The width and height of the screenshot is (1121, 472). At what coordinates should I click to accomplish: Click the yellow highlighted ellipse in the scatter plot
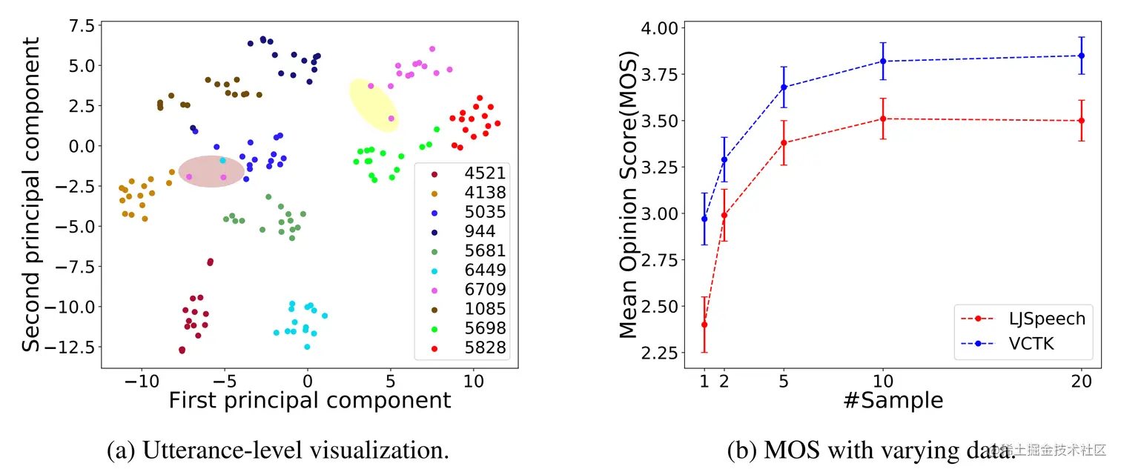374,105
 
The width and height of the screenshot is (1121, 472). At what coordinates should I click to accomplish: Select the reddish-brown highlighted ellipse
211,171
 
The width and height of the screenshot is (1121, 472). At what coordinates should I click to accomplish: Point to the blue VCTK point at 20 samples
1082,56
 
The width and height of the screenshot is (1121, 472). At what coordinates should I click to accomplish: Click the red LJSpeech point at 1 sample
704,325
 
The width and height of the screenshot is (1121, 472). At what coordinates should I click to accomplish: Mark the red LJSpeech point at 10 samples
883,119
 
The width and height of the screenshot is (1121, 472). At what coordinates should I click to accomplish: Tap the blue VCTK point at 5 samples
784,87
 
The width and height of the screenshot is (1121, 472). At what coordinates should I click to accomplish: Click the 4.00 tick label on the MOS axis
656,28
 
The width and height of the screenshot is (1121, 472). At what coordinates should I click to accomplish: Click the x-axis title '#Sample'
893,401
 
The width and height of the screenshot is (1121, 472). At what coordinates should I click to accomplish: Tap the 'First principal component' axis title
310,401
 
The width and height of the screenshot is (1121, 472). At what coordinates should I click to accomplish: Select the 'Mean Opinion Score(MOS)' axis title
629,195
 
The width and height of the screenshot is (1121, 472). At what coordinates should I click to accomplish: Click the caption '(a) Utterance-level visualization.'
279,450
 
